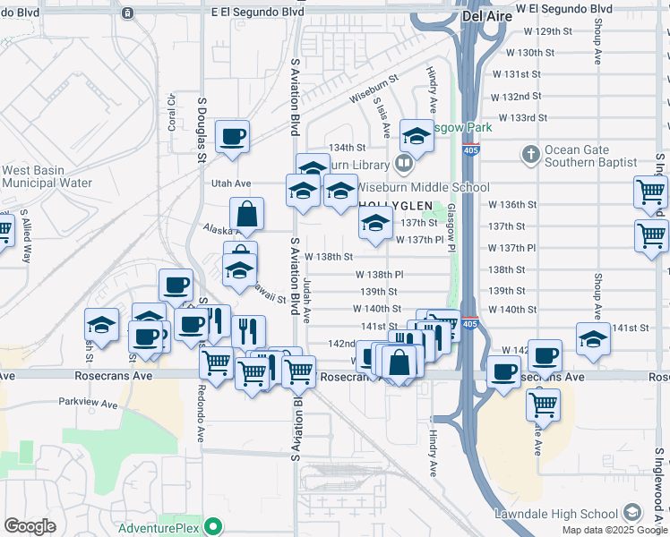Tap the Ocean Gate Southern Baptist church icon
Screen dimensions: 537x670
[x=530, y=156]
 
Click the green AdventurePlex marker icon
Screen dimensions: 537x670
[x=212, y=525]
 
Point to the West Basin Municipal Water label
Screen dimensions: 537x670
[x=47, y=176]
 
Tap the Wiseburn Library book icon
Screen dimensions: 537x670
[x=404, y=164]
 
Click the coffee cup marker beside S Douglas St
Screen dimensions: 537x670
[x=232, y=137]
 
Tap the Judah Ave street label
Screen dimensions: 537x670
[x=306, y=300]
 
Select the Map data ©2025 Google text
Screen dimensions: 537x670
[x=614, y=530]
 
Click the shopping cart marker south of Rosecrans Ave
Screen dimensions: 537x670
[x=544, y=405]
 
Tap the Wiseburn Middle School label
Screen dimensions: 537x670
[x=424, y=187]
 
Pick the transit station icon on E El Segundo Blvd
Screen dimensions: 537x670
[x=128, y=13]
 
